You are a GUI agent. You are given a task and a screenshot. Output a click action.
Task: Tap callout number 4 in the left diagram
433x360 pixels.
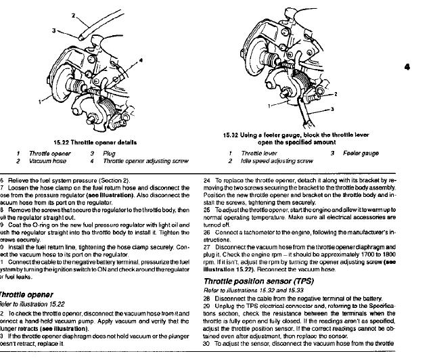(x=141, y=60)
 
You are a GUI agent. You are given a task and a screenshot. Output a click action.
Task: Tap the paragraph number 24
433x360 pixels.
(x=206, y=181)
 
